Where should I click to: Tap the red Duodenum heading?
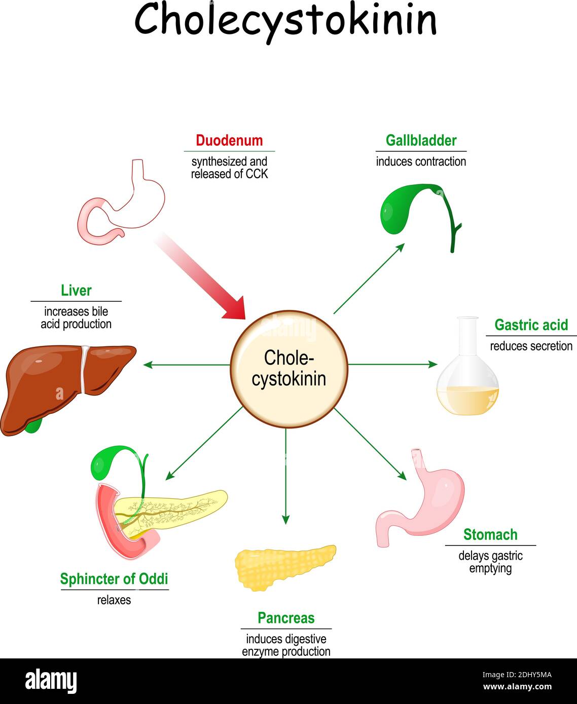[x=229, y=140]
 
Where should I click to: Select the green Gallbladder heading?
[x=421, y=140]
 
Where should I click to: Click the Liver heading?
[x=76, y=290]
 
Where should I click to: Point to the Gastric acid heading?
[x=531, y=325]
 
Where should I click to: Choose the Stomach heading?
[x=490, y=534]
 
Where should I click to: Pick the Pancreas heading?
[x=286, y=618]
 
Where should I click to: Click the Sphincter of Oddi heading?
[x=114, y=579]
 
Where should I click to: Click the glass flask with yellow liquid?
[x=467, y=375]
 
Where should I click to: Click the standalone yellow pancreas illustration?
[x=284, y=567]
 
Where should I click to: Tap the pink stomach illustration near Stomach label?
[x=426, y=501]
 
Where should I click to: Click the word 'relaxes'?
[x=114, y=600]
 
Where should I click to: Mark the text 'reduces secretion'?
[x=531, y=346]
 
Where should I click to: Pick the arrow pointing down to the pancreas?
[x=286, y=476]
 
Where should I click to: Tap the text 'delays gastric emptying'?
[x=490, y=562]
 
